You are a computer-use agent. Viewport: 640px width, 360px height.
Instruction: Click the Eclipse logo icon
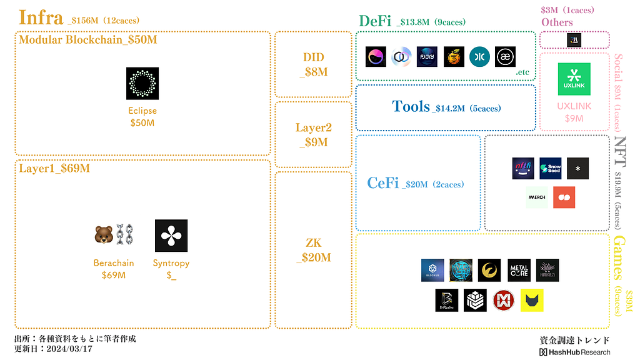142,84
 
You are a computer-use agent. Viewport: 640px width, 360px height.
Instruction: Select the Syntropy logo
171,236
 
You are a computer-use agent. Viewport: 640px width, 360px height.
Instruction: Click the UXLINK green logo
574,79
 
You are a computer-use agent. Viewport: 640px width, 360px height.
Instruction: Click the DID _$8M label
313,64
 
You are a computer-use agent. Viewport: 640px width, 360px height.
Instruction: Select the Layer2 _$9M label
313,135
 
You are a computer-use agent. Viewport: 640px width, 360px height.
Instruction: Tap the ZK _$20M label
313,249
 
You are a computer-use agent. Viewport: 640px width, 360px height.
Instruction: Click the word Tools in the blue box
411,107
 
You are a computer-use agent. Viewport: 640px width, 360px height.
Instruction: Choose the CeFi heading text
383,183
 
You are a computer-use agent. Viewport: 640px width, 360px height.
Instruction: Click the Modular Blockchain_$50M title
88,40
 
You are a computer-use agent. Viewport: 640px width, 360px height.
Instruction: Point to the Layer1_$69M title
54,168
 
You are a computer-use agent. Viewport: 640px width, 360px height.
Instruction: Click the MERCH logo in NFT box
537,197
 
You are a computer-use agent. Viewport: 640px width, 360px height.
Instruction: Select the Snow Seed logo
551,168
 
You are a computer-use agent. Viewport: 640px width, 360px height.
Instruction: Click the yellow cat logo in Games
532,300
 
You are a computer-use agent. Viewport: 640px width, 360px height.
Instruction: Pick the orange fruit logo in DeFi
454,57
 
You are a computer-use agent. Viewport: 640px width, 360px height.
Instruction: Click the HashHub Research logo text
575,352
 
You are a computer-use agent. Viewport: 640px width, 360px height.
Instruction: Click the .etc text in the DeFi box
522,72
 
